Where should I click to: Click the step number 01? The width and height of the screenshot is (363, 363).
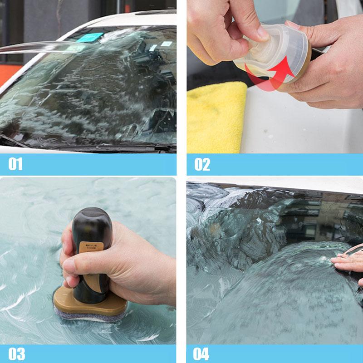coord(15,164)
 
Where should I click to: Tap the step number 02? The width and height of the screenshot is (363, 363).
coord(202,164)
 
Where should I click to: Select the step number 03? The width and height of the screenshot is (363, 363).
coord(17,353)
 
